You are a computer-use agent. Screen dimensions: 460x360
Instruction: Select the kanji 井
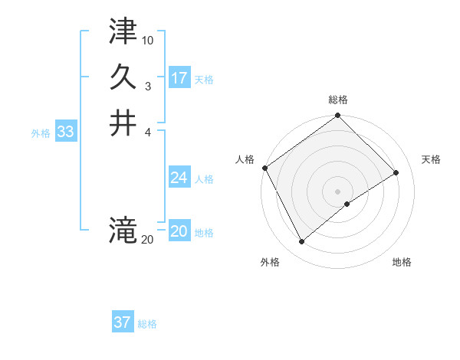tap(123, 123)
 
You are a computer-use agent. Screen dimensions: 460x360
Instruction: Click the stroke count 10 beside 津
tap(148, 40)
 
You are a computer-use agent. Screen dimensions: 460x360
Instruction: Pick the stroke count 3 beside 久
tap(148, 86)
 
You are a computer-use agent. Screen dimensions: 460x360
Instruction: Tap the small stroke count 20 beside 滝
tap(147, 240)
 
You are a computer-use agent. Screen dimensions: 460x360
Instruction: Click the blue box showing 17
tap(179, 78)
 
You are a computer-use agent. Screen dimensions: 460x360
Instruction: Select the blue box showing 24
tap(179, 178)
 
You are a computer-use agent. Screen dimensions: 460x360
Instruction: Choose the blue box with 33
tap(66, 132)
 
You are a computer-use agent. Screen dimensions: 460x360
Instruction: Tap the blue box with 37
tap(123, 322)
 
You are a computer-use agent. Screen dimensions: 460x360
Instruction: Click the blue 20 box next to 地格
tap(179, 232)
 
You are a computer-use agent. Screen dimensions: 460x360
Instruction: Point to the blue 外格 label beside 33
tap(41, 133)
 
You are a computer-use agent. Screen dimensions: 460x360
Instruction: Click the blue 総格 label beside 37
tap(147, 323)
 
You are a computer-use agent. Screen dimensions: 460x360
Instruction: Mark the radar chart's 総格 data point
tap(337, 116)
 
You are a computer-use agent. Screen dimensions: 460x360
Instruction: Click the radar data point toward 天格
tap(396, 172)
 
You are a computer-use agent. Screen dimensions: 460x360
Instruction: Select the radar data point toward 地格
tap(347, 204)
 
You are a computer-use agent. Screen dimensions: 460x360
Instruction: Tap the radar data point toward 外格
tap(301, 242)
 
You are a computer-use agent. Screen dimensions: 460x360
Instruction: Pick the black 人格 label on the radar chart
tap(245, 159)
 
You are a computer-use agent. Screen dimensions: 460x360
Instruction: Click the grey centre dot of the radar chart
tap(337, 191)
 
